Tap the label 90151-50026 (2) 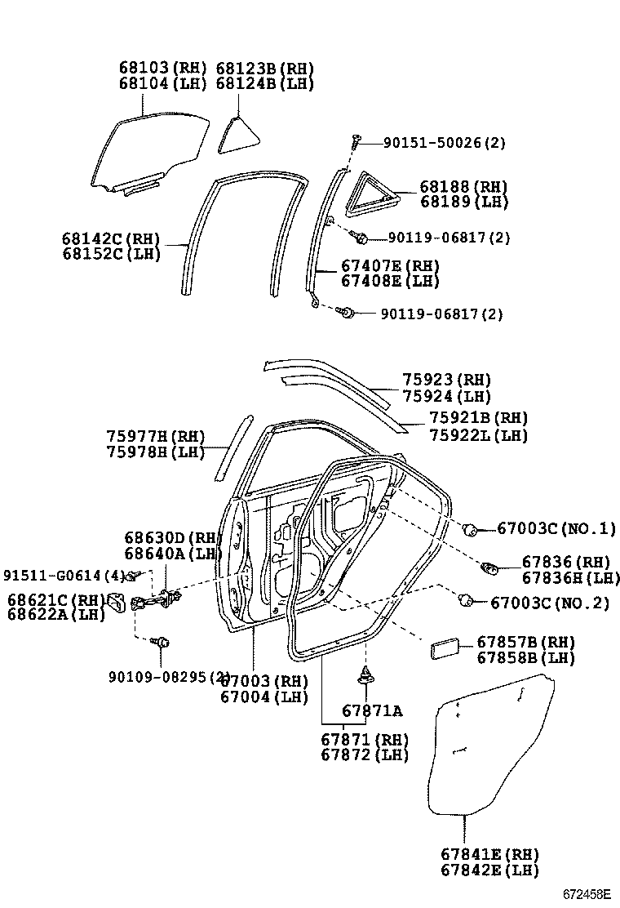[445, 143]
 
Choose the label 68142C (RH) [111, 238]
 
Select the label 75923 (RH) [446, 380]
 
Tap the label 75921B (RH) [478, 418]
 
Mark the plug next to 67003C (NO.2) [468, 602]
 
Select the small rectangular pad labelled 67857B [445, 649]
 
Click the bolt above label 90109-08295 [162, 643]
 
